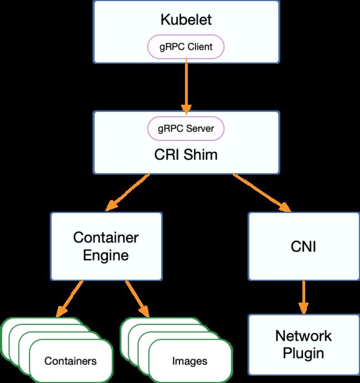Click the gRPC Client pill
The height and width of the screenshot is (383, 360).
click(186, 47)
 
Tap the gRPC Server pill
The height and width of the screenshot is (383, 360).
click(186, 129)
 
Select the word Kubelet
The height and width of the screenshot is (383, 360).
click(186, 19)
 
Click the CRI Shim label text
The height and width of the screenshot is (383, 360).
click(186, 155)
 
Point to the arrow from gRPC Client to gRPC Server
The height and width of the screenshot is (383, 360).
click(186, 86)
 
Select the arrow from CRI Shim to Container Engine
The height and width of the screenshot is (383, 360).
click(127, 192)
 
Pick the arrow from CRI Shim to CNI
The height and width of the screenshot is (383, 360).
click(261, 192)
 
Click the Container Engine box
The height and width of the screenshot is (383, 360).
click(106, 246)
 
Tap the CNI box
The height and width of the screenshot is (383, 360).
click(304, 246)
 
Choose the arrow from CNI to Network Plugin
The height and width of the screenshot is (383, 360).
click(304, 297)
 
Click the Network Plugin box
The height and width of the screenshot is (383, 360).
click(304, 344)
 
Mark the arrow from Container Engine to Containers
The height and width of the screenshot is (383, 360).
click(69, 299)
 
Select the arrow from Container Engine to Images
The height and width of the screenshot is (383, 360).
click(137, 299)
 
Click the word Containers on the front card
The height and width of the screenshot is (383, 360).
click(70, 361)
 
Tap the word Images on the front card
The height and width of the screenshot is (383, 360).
click(189, 361)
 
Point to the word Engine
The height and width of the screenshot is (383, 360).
click(106, 256)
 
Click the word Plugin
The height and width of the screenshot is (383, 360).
click(304, 354)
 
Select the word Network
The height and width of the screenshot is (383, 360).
click(304, 336)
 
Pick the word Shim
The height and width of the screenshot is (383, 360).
click(200, 155)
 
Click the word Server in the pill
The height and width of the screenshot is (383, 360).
click(200, 129)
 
